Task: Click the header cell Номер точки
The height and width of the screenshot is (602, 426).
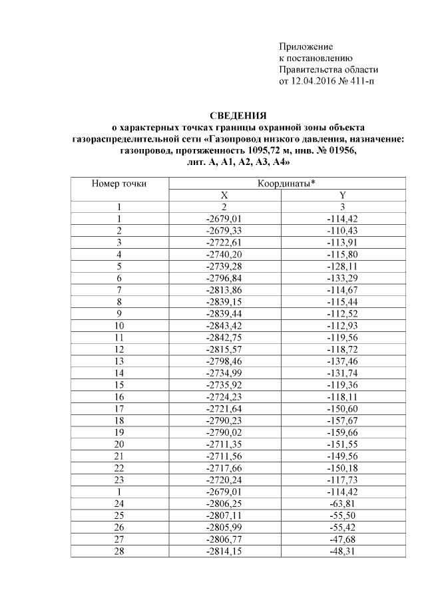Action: (x=118, y=183)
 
